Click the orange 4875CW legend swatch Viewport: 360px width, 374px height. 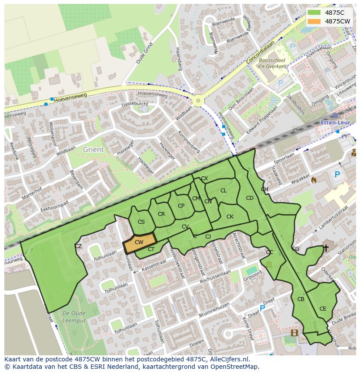314,21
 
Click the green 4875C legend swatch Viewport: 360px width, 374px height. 314,13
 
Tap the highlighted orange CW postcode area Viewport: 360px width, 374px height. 139,243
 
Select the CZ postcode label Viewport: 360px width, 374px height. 78,246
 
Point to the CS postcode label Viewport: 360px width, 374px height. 141,222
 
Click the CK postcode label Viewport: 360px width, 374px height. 230,217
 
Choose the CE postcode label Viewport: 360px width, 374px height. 323,309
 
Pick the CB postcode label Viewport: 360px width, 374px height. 301,299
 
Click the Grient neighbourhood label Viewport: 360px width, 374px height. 93,149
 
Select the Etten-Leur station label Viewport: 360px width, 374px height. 335,122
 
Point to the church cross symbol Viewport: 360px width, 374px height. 326,248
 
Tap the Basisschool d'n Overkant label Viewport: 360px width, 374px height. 272,63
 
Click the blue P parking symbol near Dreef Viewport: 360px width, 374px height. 262,308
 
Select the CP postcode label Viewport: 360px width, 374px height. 181,206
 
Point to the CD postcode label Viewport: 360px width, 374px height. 250,198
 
